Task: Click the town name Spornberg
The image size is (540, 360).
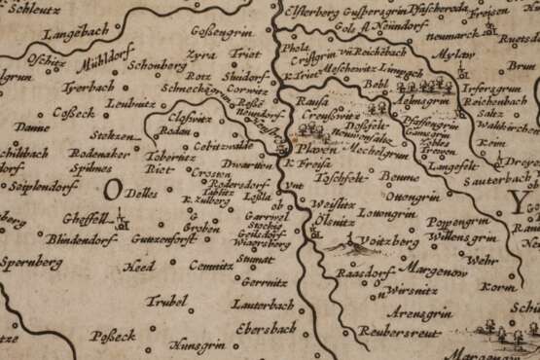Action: [31, 263]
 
